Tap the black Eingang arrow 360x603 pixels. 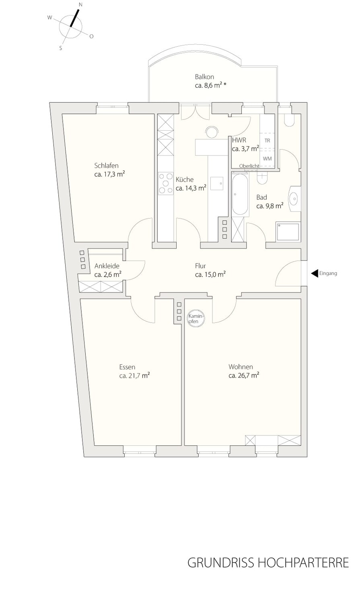314,273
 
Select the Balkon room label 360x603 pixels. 204,77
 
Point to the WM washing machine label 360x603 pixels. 267,158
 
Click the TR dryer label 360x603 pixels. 267,141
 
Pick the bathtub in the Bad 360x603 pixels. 240,194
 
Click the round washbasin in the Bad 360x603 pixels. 294,199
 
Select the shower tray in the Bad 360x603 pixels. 288,232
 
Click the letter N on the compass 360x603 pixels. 80,4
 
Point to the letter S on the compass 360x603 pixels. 61,48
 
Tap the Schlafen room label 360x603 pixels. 106,166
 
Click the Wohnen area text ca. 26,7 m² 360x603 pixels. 244,375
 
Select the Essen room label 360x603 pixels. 127,367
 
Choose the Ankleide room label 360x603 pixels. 107,266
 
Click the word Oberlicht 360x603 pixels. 249,166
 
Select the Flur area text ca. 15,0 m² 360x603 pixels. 210,275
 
